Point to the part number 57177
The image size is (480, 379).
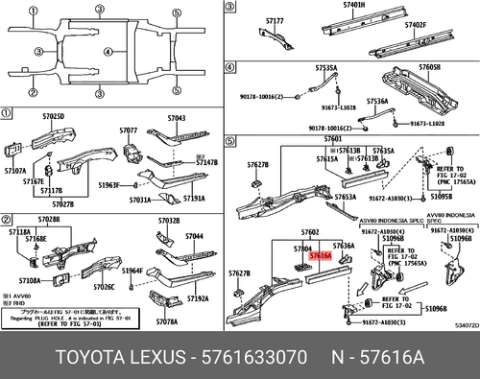[x=275, y=20]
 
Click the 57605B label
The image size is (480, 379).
[x=429, y=69]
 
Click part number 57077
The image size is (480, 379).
[x=130, y=130]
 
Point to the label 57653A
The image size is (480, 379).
[x=346, y=196]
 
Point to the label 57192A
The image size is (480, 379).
[x=198, y=298]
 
